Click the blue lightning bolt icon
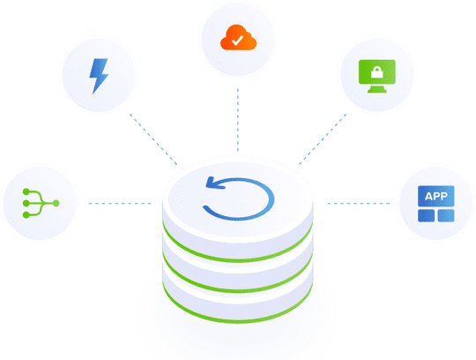click(x=99, y=76)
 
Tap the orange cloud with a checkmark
click(x=238, y=38)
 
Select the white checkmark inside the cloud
click(x=237, y=40)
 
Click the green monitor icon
click(x=377, y=76)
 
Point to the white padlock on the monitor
click(x=377, y=72)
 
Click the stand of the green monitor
click(x=377, y=89)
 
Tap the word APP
click(x=436, y=196)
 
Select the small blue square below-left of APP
click(x=427, y=215)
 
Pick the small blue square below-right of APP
click(x=446, y=215)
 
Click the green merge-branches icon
click(x=41, y=203)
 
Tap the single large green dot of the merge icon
click(x=56, y=203)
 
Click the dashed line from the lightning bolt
click(x=153, y=139)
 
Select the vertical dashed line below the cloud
click(x=238, y=120)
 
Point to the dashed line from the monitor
click(x=323, y=139)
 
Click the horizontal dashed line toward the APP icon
click(x=359, y=203)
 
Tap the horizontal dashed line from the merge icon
click(x=120, y=203)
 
